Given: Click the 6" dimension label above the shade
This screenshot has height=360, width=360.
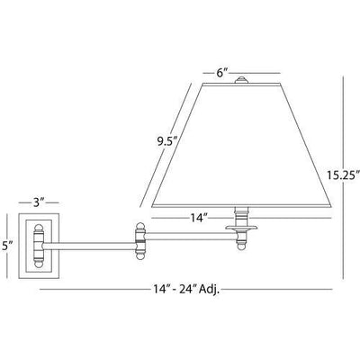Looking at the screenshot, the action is tap(222, 73).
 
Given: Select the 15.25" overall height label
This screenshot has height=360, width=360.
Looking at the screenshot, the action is tap(343, 175).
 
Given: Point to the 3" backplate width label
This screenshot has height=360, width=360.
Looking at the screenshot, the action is tap(39, 203).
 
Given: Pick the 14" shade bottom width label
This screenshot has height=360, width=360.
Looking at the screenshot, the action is tap(200, 218).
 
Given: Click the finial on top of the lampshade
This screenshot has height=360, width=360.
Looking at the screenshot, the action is tap(241, 80).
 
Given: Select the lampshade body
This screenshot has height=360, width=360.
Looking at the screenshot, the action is tap(241, 145).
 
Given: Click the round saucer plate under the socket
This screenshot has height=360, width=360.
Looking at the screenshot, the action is tap(242, 228).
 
